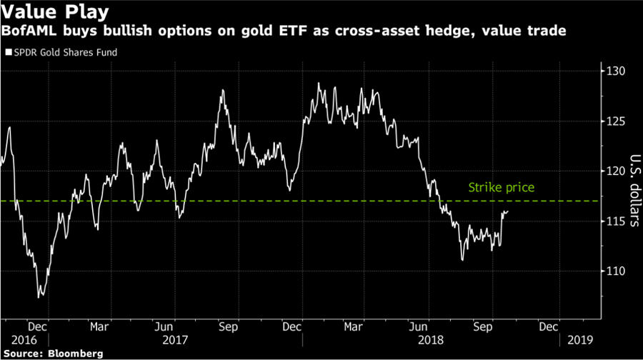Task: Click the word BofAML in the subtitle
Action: [x=26, y=31]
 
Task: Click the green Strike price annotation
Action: [x=501, y=188]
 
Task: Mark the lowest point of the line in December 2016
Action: [x=39, y=296]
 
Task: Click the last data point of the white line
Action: [x=508, y=211]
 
